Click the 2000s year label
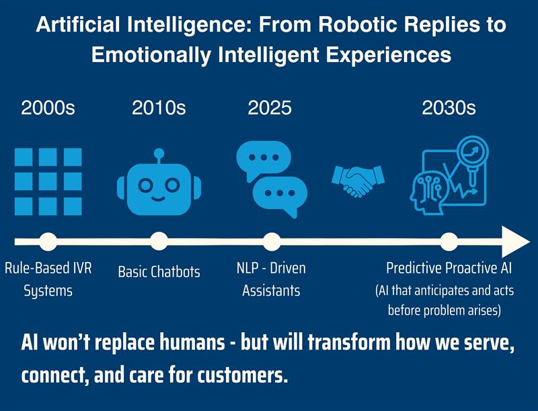click(48, 108)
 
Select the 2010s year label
click(159, 108)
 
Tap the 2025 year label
click(270, 108)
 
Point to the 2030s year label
click(449, 108)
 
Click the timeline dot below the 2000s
click(48, 242)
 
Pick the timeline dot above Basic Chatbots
click(159, 242)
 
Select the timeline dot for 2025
click(272, 242)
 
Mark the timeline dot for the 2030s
click(449, 242)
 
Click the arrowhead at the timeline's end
click(514, 242)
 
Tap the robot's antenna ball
click(159, 153)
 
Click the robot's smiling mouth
click(159, 199)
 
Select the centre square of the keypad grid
click(48, 181)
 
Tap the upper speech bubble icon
click(264, 159)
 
